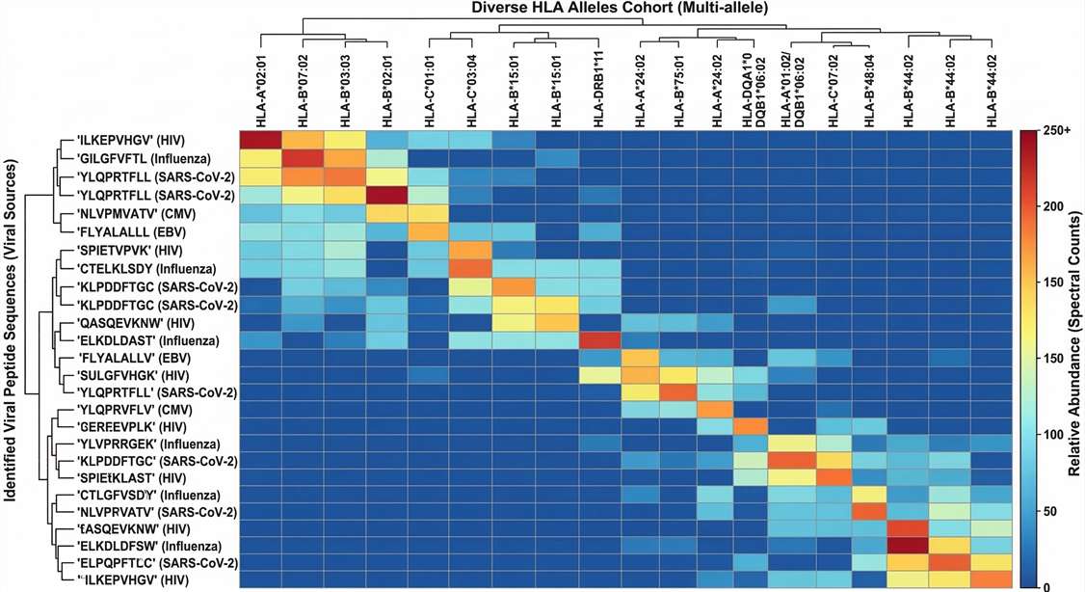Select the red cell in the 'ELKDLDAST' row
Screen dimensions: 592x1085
point(599,340)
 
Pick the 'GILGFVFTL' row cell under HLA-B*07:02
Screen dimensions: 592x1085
point(304,157)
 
